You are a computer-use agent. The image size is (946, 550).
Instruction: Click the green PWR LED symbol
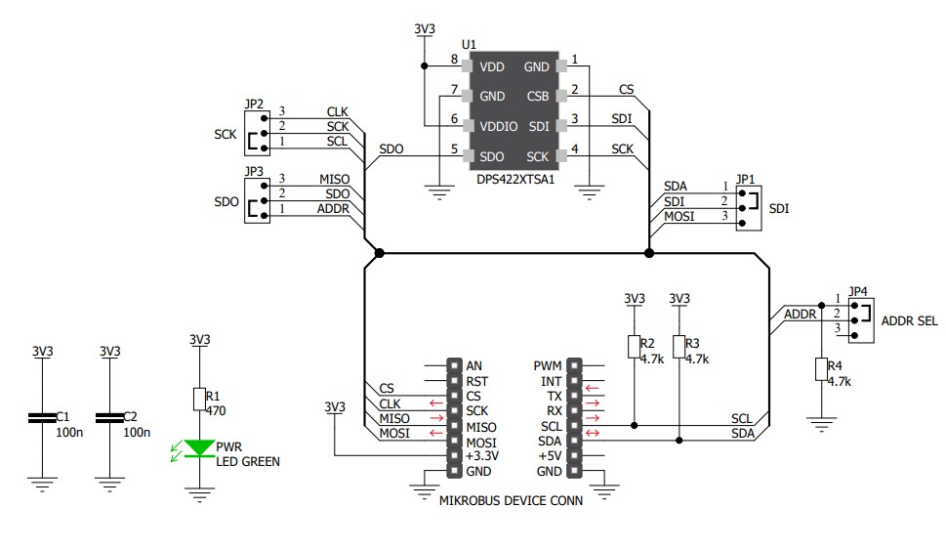[x=200, y=448]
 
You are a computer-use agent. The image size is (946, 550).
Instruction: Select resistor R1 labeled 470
[x=199, y=399]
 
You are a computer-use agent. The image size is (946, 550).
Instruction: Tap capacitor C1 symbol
[x=42, y=418]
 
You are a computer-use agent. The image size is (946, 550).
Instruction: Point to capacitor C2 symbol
[x=110, y=418]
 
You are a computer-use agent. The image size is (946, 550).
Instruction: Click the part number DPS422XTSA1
[x=514, y=180]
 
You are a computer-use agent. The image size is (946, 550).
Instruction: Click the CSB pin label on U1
[x=537, y=97]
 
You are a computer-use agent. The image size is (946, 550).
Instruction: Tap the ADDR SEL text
[x=909, y=320]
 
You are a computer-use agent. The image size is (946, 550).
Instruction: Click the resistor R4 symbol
[x=821, y=369]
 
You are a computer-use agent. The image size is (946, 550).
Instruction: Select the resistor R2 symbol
[x=634, y=347]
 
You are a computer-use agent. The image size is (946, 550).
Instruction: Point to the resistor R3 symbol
[x=679, y=347]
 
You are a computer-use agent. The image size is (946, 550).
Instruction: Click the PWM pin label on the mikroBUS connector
[x=547, y=365]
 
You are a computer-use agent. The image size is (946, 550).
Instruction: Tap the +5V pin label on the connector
[x=549, y=456]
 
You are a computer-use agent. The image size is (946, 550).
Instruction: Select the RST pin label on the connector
[x=478, y=381]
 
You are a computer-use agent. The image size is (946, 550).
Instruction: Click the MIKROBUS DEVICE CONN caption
[x=512, y=501]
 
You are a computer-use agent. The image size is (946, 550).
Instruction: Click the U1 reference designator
[x=469, y=45]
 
